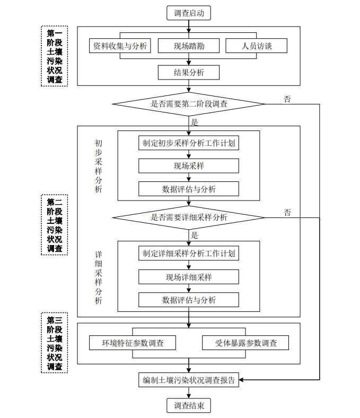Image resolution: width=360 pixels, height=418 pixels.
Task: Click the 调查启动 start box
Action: point(189,13)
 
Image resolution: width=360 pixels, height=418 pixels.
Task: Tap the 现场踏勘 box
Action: point(189,46)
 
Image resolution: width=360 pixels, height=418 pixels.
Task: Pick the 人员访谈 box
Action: point(257,46)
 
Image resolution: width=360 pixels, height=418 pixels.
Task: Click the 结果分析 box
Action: point(189,73)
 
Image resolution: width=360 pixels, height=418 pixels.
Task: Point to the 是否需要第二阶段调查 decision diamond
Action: point(189,104)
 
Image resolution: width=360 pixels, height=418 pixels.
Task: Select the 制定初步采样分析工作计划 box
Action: point(189,143)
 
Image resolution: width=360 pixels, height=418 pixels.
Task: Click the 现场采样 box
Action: point(189,166)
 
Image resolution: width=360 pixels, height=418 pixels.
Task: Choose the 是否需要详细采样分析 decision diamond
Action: point(189,217)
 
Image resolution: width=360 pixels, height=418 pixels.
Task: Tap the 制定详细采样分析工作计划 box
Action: point(189,254)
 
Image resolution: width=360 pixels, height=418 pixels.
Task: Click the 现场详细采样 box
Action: point(189,277)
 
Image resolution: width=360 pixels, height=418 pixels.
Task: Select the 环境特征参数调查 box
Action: point(133,343)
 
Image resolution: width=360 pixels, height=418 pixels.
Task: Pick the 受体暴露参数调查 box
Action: point(245,343)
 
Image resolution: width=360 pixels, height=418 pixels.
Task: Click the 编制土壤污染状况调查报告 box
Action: point(189,380)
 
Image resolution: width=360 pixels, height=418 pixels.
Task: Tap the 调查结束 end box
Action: point(189,406)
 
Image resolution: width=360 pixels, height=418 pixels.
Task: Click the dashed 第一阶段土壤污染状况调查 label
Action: point(54,56)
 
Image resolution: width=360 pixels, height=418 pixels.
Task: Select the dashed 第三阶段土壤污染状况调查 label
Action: point(54,343)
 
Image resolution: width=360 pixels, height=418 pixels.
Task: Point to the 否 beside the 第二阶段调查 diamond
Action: point(287,99)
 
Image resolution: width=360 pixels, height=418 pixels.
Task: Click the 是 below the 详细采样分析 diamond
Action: point(195,235)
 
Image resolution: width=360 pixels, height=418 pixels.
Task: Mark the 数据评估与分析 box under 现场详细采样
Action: point(189,300)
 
